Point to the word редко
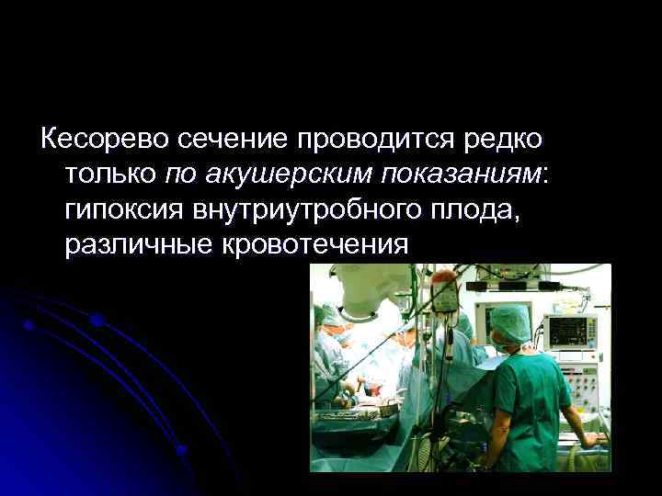tap(504, 141)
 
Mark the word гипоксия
tap(124, 210)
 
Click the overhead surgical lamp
tap(368, 289)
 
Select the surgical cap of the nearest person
tap(510, 321)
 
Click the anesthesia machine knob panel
tap(581, 386)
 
